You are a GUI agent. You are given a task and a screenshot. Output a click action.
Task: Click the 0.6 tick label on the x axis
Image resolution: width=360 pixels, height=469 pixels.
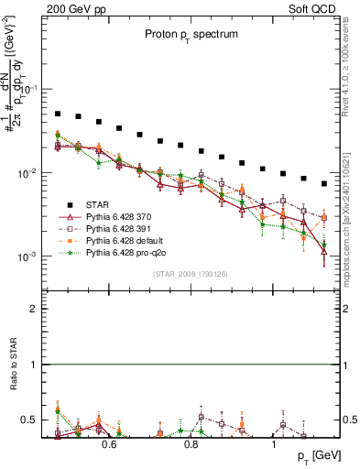108,445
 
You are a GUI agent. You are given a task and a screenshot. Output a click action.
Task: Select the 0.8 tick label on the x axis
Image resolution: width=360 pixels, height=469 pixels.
191,445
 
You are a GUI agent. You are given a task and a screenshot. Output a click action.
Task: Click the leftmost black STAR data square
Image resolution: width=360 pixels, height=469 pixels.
58,115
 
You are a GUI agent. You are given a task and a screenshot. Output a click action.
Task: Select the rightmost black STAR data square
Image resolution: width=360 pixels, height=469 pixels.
324,183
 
